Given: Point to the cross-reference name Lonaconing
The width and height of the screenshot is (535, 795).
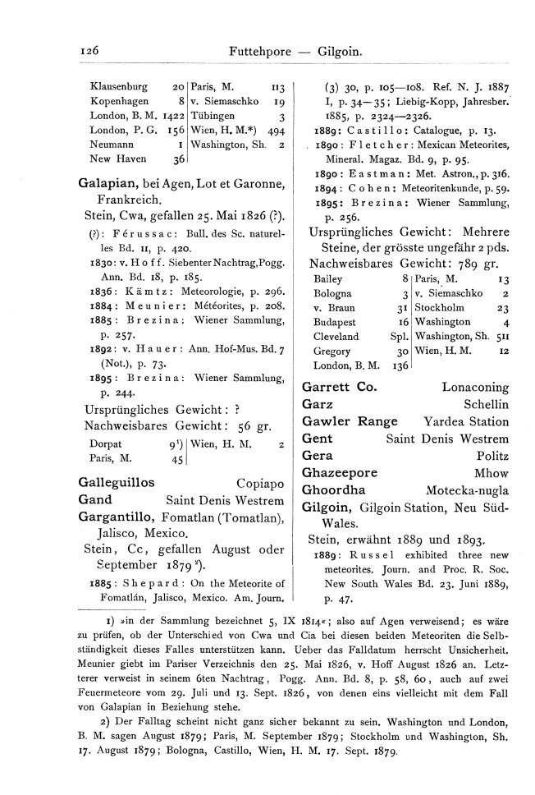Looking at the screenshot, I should pos(475,386).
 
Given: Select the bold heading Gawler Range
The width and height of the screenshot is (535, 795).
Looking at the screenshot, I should pos(350,421).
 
